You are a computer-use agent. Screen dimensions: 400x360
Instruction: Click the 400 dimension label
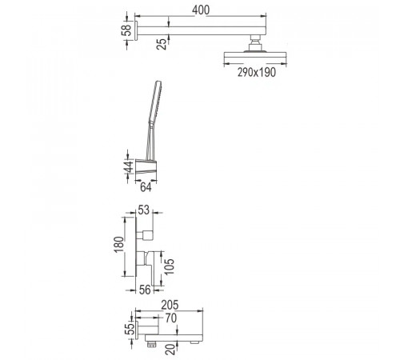201,10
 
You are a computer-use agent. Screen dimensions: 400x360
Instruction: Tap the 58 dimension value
126,30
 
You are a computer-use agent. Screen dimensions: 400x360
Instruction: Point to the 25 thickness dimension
162,44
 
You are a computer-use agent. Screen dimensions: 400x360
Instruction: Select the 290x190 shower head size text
257,72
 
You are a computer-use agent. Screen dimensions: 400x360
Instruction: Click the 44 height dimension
129,166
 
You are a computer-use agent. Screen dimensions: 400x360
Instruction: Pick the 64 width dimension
146,187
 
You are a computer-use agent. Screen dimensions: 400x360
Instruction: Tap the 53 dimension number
144,210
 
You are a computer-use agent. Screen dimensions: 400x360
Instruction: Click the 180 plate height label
119,245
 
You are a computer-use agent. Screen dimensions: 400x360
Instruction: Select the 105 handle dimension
169,266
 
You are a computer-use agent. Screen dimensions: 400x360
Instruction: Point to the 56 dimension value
145,290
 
